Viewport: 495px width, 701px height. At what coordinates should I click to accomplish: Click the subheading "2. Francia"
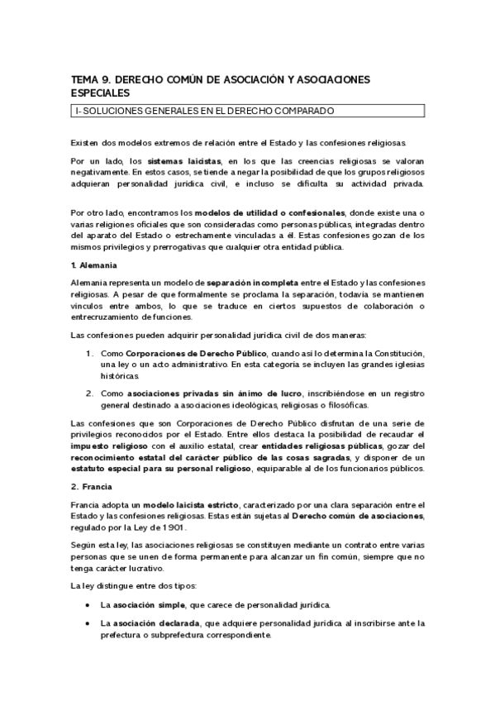pyautogui.click(x=90, y=487)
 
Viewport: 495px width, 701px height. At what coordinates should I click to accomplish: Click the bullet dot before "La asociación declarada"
pyautogui.click(x=88, y=622)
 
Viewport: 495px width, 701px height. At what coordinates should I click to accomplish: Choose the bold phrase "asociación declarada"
pyautogui.click(x=159, y=622)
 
